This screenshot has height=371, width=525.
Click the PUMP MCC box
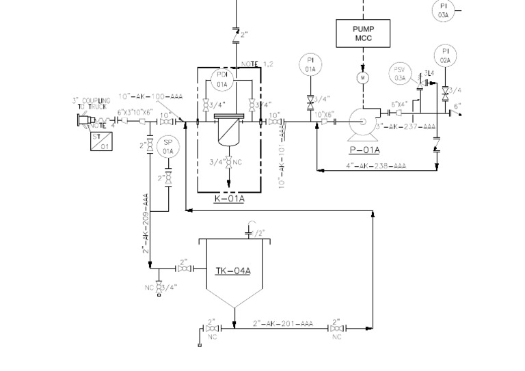[363, 33]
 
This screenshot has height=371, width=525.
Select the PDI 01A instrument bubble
[222, 79]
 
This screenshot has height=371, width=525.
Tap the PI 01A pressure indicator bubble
[310, 66]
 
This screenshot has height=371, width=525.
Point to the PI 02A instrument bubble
[445, 55]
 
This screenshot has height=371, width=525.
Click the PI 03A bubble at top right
[443, 10]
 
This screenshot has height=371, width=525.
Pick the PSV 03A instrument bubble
[400, 74]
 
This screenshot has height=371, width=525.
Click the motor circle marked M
[363, 78]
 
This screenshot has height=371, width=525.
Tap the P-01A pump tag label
[365, 150]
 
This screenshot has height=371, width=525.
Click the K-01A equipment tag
[229, 200]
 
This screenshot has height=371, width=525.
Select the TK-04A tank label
[233, 271]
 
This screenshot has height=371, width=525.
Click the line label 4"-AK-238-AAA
[375, 166]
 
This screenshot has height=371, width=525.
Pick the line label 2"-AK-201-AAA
[282, 323]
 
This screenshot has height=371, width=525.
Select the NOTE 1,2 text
[257, 64]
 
